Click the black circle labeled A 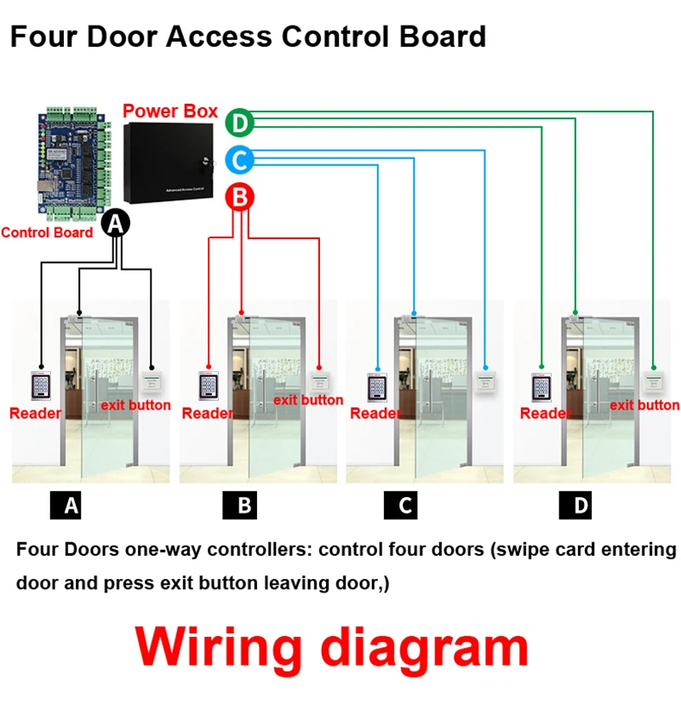click(x=116, y=223)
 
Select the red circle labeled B click(x=240, y=197)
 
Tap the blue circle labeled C click(x=240, y=159)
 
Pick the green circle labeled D click(x=240, y=123)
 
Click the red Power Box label click(x=170, y=112)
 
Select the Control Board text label click(x=47, y=232)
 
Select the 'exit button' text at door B click(x=308, y=399)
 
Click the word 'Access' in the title click(x=217, y=37)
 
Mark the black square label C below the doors click(x=406, y=507)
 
